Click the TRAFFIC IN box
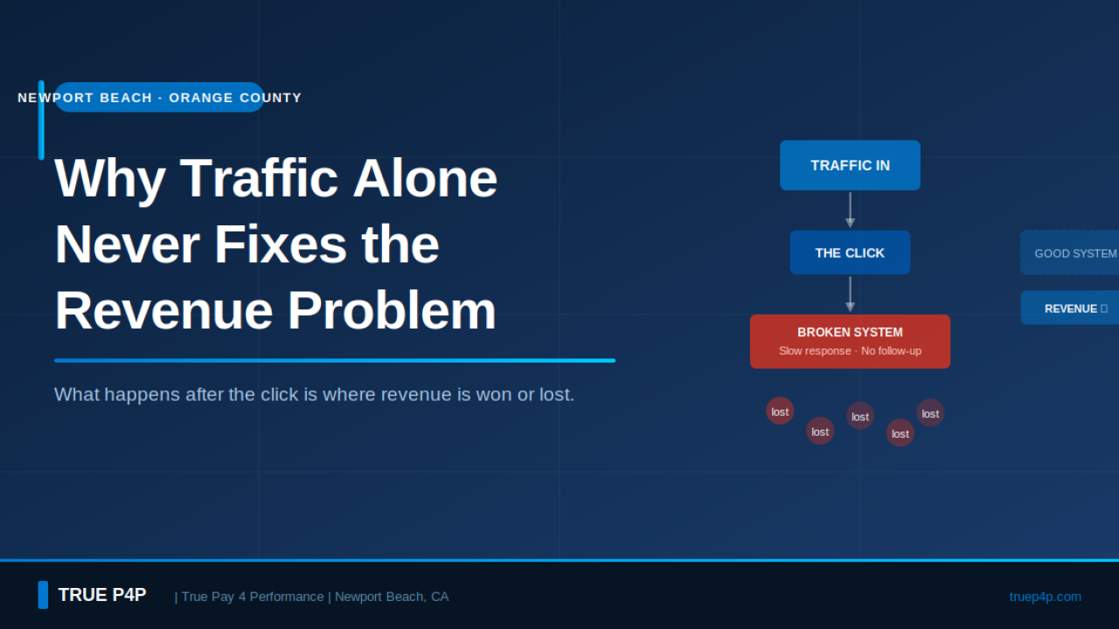[850, 165]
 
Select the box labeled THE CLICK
[850, 252]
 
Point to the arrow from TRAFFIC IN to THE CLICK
[850, 211]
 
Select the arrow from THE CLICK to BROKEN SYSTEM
[850, 294]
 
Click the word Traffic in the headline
[259, 177]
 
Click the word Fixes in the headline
[280, 244]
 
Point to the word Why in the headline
[110, 177]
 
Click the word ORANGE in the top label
[200, 98]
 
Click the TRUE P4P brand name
[101, 595]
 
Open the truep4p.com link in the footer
[1045, 597]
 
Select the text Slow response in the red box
[814, 351]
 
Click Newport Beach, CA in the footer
[392, 597]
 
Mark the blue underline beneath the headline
[334, 360]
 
